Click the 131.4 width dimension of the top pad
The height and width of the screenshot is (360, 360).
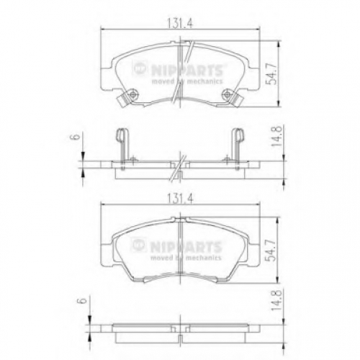click(180, 23)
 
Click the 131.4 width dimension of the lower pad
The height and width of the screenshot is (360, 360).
click(180, 199)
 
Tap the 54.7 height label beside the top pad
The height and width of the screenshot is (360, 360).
click(272, 73)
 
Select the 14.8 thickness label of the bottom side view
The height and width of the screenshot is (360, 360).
click(276, 300)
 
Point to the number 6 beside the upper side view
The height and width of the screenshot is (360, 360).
click(76, 137)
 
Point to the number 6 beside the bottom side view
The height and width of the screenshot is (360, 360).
click(82, 300)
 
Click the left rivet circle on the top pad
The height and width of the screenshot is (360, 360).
click(132, 94)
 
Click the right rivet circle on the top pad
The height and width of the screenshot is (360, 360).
click(227, 94)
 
